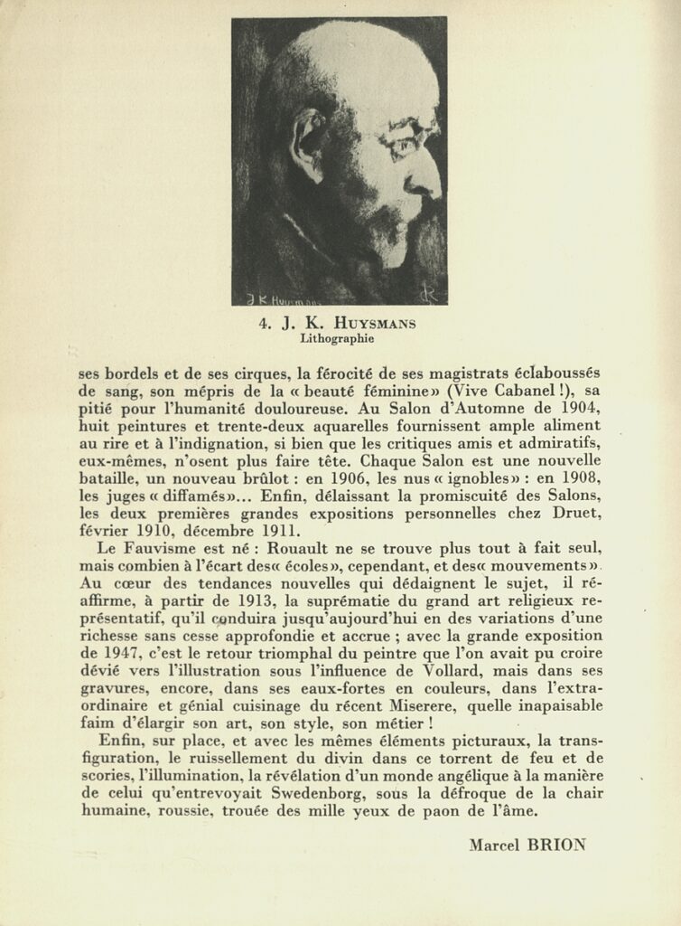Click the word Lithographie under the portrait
[338, 339]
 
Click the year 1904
[578, 409]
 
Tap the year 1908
[578, 478]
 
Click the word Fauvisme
[172, 549]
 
